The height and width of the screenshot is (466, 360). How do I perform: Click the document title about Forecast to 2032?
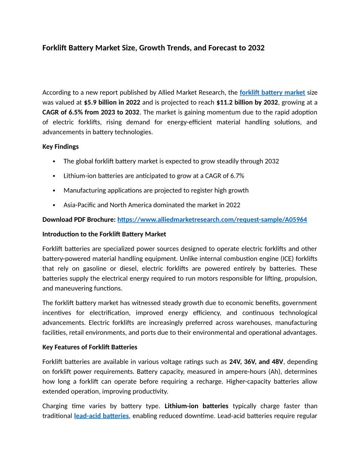(x=153, y=48)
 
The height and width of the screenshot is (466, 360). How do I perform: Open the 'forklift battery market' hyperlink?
(x=272, y=93)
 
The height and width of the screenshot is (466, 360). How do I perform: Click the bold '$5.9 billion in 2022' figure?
(x=112, y=102)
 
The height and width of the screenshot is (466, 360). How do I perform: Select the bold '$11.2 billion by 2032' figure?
(x=247, y=102)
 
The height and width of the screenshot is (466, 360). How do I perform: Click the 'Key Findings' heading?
(x=60, y=147)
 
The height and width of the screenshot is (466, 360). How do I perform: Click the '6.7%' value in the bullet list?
(x=236, y=176)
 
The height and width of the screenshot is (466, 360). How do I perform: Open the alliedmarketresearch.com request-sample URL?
(x=212, y=220)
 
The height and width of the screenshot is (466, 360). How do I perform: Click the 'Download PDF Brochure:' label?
(x=79, y=220)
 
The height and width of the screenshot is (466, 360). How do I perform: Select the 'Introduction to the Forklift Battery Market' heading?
(x=104, y=234)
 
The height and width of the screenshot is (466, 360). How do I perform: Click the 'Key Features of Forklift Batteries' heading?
(x=90, y=347)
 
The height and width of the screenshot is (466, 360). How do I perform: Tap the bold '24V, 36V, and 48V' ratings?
(x=256, y=362)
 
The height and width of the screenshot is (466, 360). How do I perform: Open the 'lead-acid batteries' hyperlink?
(x=101, y=416)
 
